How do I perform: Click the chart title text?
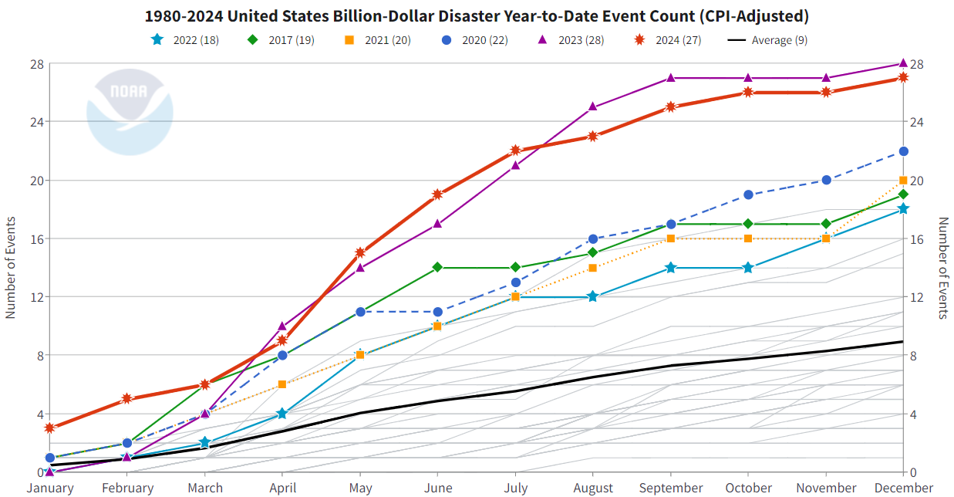477,16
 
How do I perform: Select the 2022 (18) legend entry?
184,40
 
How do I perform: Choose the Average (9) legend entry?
768,40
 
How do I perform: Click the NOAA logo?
129,113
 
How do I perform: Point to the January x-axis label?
50,488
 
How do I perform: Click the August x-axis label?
592,488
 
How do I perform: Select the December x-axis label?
903,488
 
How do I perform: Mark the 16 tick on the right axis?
919,238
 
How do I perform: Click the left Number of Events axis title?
11,268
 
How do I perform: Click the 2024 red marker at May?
360,252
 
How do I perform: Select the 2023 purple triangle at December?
903,63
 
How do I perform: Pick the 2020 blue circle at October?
748,194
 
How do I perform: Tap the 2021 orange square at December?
903,181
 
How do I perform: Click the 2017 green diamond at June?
437,267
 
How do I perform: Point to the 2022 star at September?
670,267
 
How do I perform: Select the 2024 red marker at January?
50,428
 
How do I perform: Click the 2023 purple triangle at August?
592,106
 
